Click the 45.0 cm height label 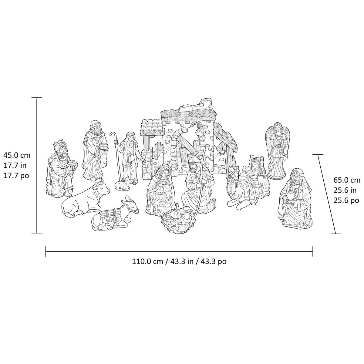[x=17, y=156]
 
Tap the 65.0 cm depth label [x=347, y=180]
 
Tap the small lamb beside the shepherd [x=123, y=184]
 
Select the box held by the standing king [x=104, y=146]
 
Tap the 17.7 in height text [x=16, y=166]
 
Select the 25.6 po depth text [x=346, y=201]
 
